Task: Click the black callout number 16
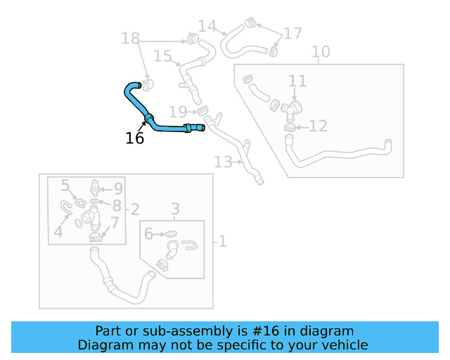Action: pyautogui.click(x=134, y=139)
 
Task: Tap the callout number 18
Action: pyautogui.click(x=131, y=39)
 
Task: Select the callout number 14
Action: pyautogui.click(x=207, y=27)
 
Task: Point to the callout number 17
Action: pyautogui.click(x=292, y=33)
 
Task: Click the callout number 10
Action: pyautogui.click(x=320, y=52)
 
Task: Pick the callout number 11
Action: pyautogui.click(x=297, y=81)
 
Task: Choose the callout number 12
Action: pyautogui.click(x=318, y=126)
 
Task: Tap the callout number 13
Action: pyautogui.click(x=223, y=162)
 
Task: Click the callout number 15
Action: pyautogui.click(x=162, y=56)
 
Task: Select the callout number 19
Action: pyautogui.click(x=178, y=112)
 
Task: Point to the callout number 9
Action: pyautogui.click(x=118, y=188)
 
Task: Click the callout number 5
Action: pyautogui.click(x=65, y=186)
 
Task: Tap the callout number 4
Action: pyautogui.click(x=58, y=231)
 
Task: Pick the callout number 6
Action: pyautogui.click(x=148, y=233)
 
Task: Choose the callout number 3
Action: pyautogui.click(x=176, y=209)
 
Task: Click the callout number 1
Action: pyautogui.click(x=222, y=242)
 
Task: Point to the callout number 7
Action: pyautogui.click(x=115, y=223)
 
